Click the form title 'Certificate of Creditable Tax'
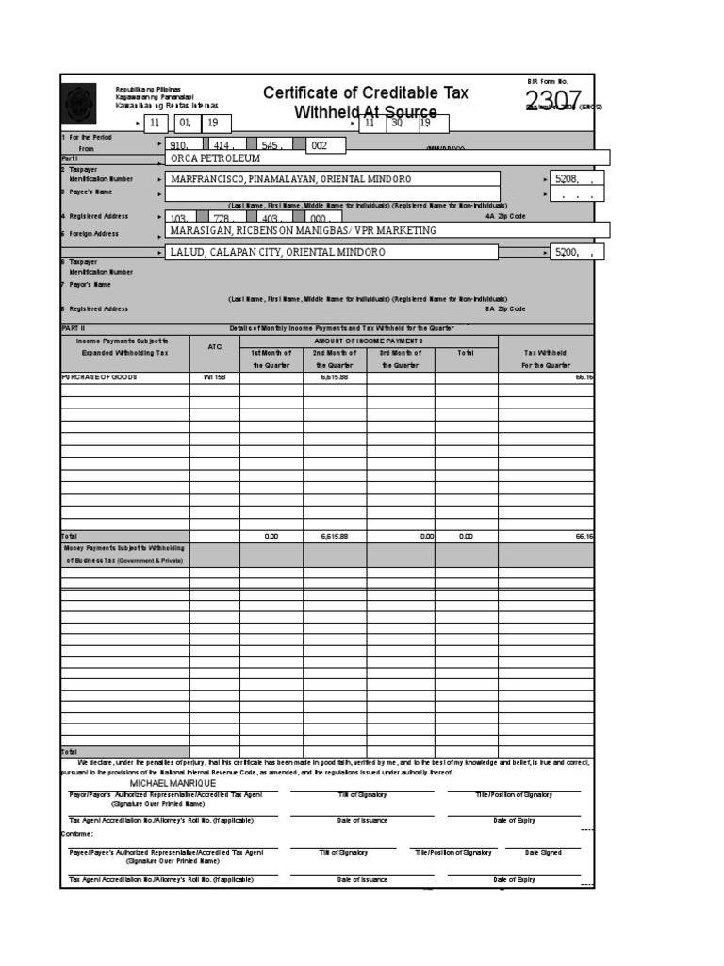[365, 92]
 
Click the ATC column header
[214, 346]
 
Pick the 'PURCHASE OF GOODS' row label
[99, 376]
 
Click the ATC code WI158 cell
[214, 376]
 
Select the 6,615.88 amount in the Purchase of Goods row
[334, 376]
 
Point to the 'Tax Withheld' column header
[546, 353]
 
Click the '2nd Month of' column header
[334, 353]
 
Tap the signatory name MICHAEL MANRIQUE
[173, 783]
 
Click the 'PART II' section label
[74, 327]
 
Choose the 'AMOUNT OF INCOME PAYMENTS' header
[369, 340]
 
